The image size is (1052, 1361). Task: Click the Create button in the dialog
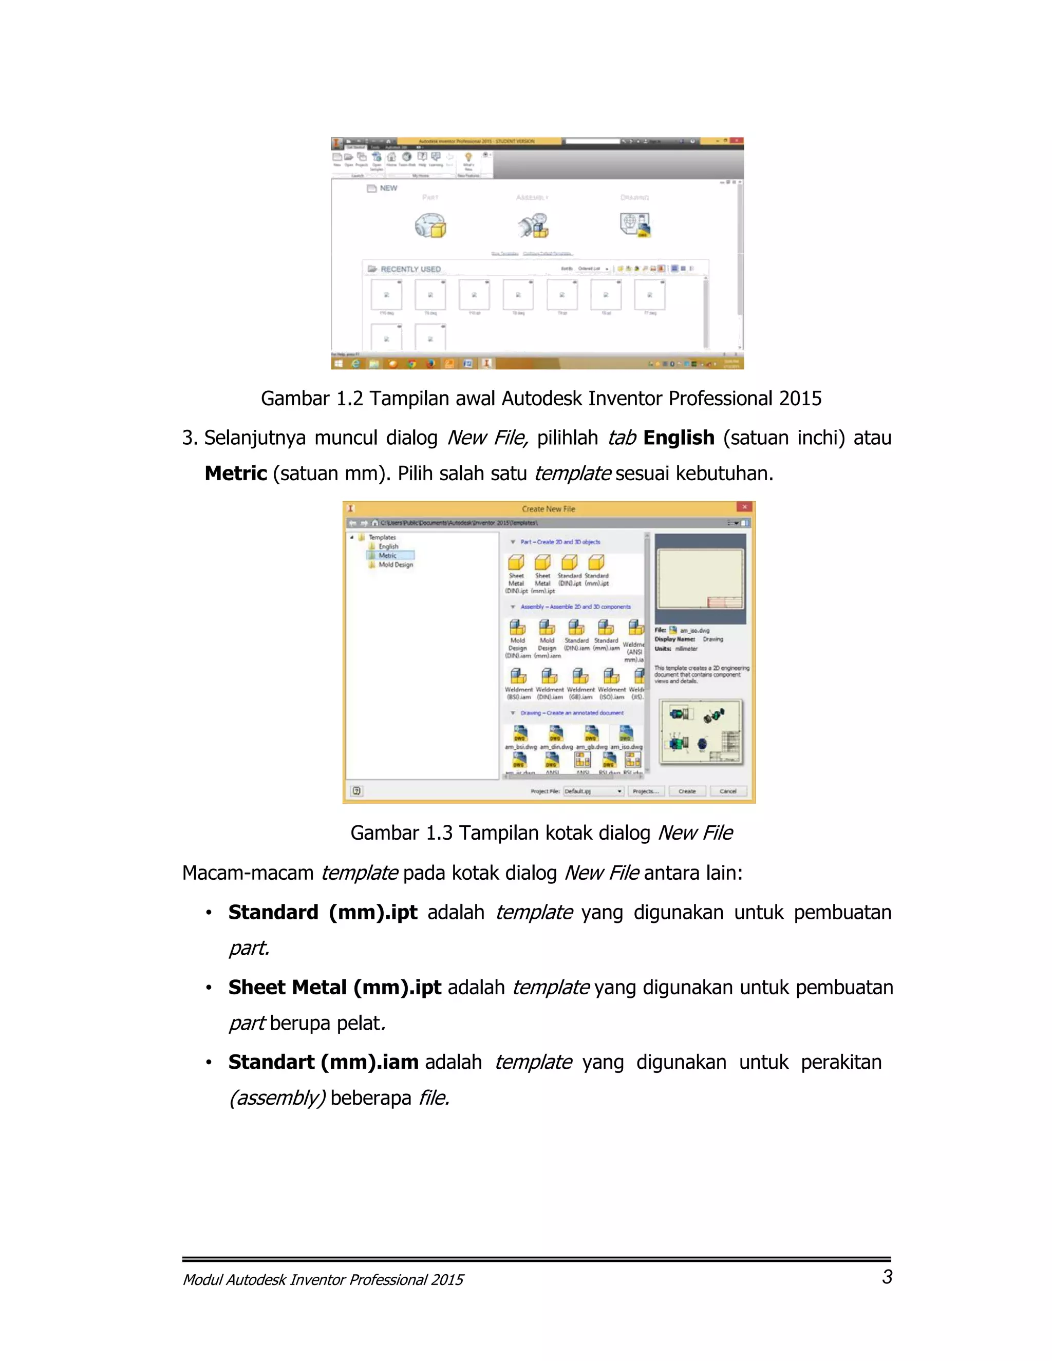(x=687, y=791)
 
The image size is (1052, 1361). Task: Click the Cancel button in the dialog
(x=728, y=791)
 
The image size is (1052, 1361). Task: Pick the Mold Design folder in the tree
(x=395, y=564)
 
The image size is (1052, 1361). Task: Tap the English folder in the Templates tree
(x=388, y=546)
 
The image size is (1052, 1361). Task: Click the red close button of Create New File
(x=744, y=507)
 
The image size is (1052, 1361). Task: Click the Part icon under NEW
(x=430, y=225)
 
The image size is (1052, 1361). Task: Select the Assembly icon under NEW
(x=533, y=225)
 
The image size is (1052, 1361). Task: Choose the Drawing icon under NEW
(x=635, y=224)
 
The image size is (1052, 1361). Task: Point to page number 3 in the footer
(x=887, y=1277)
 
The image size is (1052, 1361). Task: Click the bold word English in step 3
(x=678, y=438)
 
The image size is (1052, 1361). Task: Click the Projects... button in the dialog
(x=645, y=791)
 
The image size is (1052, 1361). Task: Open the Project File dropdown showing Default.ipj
(x=593, y=791)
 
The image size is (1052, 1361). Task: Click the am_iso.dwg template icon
(x=626, y=734)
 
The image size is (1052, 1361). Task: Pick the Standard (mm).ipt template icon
(x=596, y=563)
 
